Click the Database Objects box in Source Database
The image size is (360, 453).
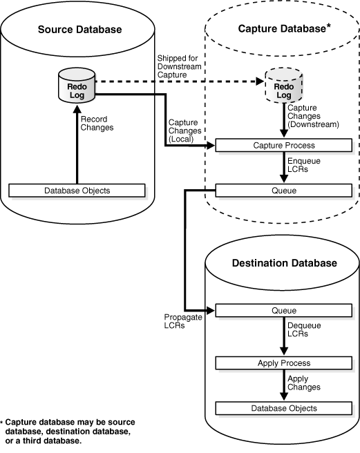[76, 189]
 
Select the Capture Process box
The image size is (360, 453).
[284, 146]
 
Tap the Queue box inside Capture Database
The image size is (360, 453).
[284, 189]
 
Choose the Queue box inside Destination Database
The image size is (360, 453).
[284, 310]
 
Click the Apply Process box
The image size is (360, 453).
[284, 363]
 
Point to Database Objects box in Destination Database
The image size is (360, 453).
[284, 408]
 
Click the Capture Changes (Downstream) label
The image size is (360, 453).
[312, 116]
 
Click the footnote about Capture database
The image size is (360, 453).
[69, 432]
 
